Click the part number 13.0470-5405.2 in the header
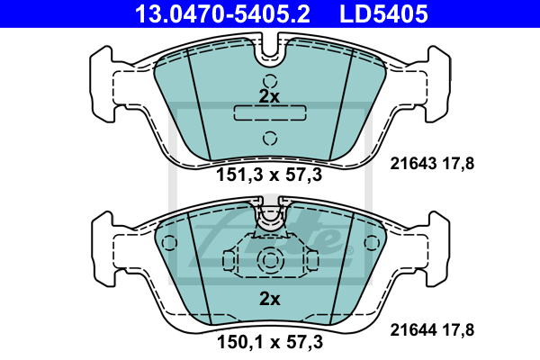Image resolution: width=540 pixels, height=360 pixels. pos(222,13)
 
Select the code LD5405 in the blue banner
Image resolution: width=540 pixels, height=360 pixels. pos(383,13)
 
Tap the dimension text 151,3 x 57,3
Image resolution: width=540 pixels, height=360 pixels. pos(269,175)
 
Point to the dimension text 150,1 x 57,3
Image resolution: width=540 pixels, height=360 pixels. pos(270,342)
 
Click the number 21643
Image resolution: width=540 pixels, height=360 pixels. pos(413,163)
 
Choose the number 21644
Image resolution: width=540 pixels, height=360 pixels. pos(413,330)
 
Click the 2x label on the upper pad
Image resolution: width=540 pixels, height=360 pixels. pos(269,97)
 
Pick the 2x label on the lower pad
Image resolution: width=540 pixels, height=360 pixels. pos(270,299)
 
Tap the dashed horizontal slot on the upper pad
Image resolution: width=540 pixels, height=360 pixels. pos(270,113)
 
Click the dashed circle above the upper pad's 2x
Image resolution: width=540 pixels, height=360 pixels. pos(270,82)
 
